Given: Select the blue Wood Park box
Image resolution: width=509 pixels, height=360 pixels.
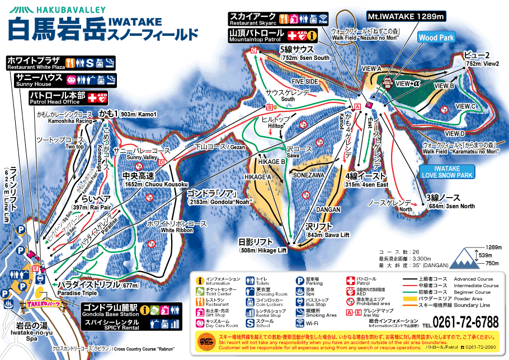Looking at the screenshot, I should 437,38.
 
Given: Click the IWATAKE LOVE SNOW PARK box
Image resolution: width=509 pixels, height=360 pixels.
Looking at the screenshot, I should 446,171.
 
